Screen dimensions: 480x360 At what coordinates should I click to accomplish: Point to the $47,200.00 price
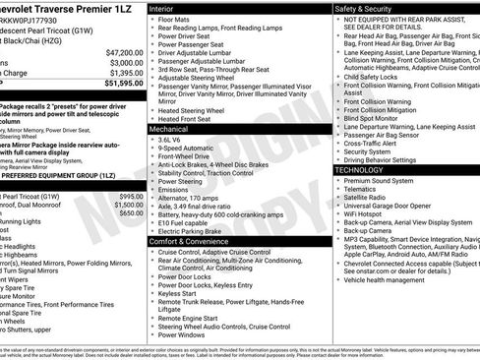point(124,52)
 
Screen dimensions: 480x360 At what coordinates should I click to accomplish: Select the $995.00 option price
point(130,195)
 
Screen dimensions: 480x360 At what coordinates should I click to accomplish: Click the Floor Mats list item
point(176,20)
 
